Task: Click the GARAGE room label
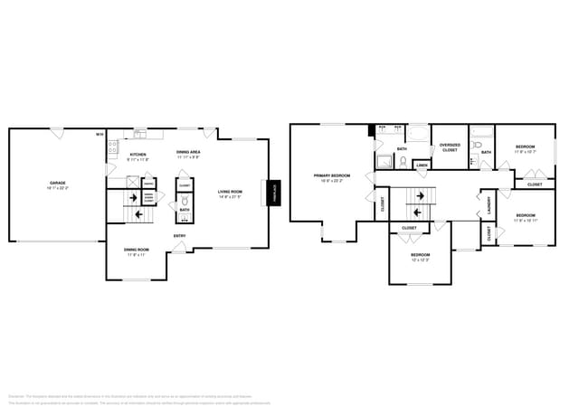tap(57, 184)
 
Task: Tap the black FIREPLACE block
tap(274, 192)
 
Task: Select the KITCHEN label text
tap(138, 155)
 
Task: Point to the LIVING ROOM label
tap(230, 192)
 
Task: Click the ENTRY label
tap(180, 237)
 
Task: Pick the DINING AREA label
tap(188, 154)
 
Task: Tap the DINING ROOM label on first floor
tap(137, 251)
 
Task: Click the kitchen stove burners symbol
tap(113, 146)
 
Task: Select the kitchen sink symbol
tap(140, 136)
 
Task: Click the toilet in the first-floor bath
tap(184, 203)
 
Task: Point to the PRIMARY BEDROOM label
tap(332, 176)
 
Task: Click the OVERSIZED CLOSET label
tap(449, 147)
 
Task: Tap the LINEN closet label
tap(422, 165)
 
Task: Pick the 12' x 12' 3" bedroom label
tap(421, 256)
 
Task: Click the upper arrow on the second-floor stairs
tap(421, 196)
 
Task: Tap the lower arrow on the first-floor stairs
tap(138, 215)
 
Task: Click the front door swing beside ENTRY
tap(179, 247)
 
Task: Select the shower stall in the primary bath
tap(384, 162)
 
